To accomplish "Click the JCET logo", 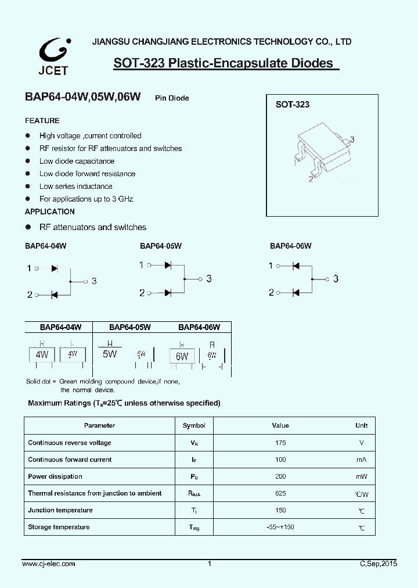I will (x=54, y=57).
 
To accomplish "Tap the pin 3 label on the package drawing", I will (x=352, y=139).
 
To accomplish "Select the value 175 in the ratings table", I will (x=280, y=443).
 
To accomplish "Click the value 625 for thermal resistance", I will (x=280, y=493).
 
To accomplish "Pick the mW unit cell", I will (x=362, y=476).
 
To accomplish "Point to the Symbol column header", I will (x=194, y=426).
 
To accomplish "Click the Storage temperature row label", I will (x=59, y=527).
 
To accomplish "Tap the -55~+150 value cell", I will (x=280, y=527).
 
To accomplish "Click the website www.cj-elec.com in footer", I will (x=49, y=564).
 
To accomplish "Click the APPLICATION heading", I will (x=49, y=212).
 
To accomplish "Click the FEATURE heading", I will (x=42, y=121).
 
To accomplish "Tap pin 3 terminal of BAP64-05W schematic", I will (x=200, y=279).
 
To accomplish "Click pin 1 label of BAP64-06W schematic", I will (x=271, y=266).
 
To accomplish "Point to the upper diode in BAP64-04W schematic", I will (x=55, y=268).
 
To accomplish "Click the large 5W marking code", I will (x=109, y=354).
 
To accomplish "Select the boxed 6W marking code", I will (x=182, y=356).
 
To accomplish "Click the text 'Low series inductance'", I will (x=75, y=187).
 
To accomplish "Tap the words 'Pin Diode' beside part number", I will (x=172, y=98).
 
